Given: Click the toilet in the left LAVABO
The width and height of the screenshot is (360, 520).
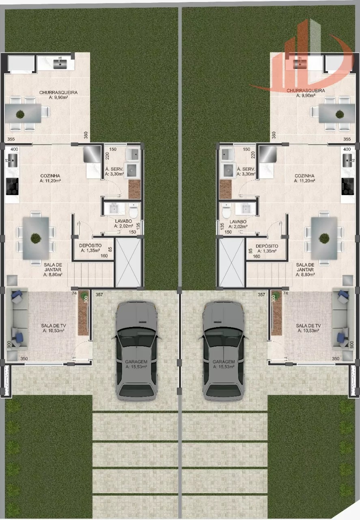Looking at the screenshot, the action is point(134,211).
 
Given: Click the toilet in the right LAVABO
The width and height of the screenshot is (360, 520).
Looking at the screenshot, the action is point(226,211).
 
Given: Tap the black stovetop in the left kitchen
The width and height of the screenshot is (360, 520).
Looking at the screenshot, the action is point(12,186).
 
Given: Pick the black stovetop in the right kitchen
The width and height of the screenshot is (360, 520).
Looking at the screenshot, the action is point(347,186).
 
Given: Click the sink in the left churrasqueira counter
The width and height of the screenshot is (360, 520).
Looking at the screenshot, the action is point(60,64).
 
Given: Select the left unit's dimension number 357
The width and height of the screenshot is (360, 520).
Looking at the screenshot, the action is point(99,295).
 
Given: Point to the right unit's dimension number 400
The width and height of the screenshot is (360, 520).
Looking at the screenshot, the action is point(347,149).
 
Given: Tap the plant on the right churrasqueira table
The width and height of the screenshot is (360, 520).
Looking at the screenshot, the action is point(340,114).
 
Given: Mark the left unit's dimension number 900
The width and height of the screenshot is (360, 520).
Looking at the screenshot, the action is point(9,344).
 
